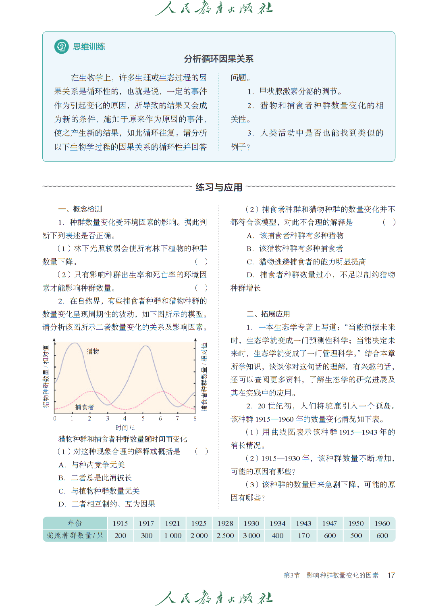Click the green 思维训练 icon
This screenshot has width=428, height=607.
pos(61,47)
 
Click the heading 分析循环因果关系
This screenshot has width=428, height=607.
pos(218,59)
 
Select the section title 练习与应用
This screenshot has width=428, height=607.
pos(219,187)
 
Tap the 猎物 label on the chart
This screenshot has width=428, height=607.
pos(93,351)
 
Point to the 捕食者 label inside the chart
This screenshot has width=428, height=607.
pos(85,407)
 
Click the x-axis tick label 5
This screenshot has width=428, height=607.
pos(143,419)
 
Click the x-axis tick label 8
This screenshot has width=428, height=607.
pos(195,419)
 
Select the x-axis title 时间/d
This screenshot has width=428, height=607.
pos(125,427)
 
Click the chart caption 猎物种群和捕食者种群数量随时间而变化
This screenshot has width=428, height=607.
pos(123,439)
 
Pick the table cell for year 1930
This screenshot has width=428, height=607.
pos(251,523)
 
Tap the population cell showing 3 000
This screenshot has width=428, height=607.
pos(251,536)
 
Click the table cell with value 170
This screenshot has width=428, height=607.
pos(303,536)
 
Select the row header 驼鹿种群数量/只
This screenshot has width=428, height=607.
pos(75,536)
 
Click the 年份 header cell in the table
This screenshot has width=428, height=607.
pos(75,523)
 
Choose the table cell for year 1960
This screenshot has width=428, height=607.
pos(382,523)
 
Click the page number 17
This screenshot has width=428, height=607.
pos(391,575)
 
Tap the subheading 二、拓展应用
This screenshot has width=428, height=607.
pos(268,314)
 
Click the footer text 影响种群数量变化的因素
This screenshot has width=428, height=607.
pos(342,575)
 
